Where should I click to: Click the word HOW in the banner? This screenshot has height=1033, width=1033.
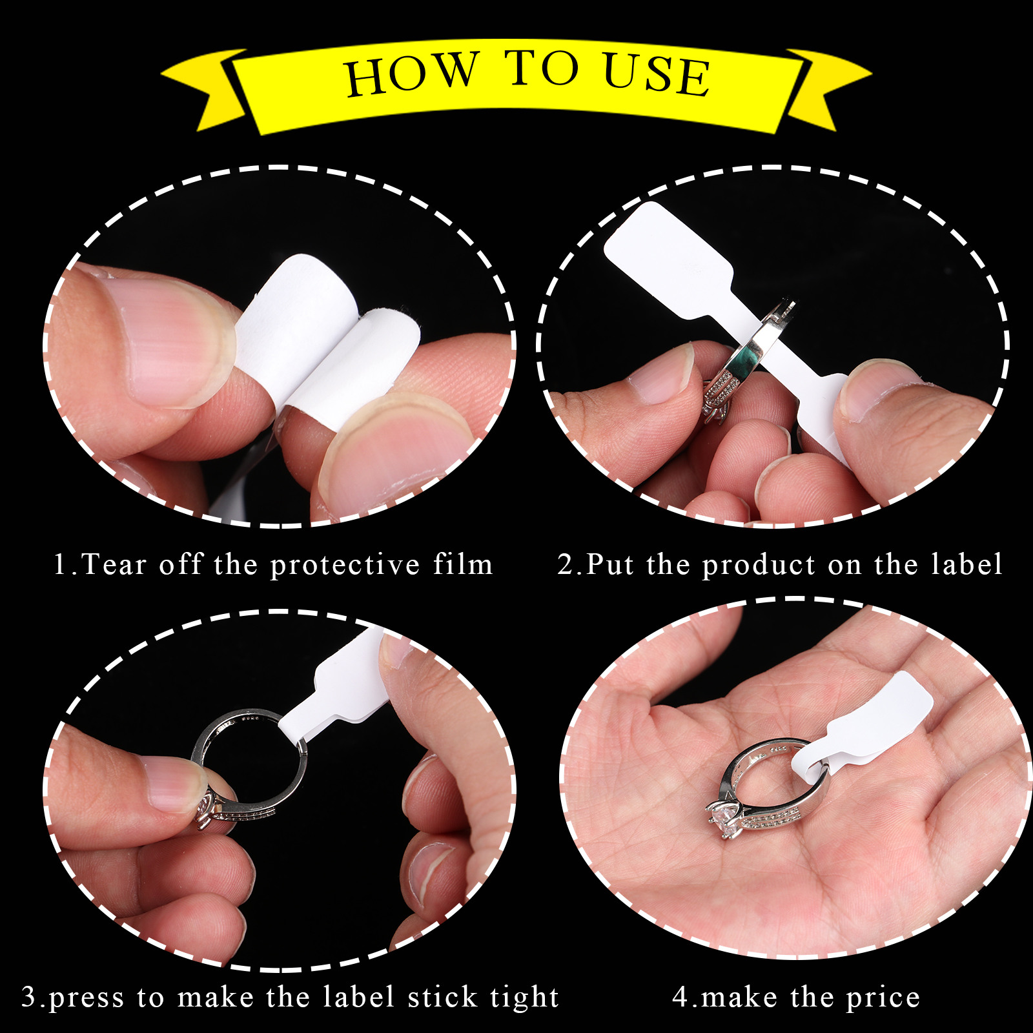tap(413, 74)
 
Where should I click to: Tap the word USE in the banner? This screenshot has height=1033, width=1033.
tap(657, 74)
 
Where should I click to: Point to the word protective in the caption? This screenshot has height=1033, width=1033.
tap(345, 567)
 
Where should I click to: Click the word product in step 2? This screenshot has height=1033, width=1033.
tap(759, 567)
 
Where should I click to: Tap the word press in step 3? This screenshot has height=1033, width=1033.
tap(86, 999)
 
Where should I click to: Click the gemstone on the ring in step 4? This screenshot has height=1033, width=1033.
tap(726, 821)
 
